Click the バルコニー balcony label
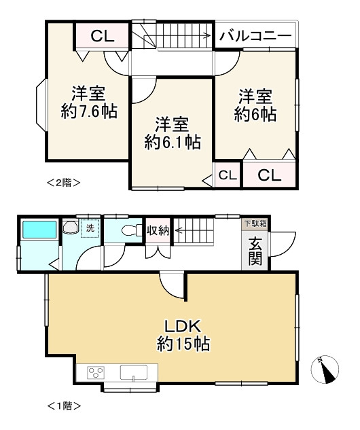click(x=255, y=36)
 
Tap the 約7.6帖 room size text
click(x=89, y=111)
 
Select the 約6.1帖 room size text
click(x=173, y=142)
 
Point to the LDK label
click(x=183, y=326)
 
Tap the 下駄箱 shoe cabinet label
click(x=255, y=223)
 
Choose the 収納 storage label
click(x=158, y=231)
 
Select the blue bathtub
click(x=39, y=230)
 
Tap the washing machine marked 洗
click(x=90, y=228)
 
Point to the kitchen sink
click(x=134, y=373)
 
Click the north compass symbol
click(x=325, y=369)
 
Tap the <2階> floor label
click(x=64, y=182)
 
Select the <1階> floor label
click(x=64, y=406)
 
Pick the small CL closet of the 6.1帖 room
click(x=228, y=175)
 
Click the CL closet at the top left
click(x=102, y=35)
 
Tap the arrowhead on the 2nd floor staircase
click(x=208, y=35)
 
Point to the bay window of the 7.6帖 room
click(x=42, y=105)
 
